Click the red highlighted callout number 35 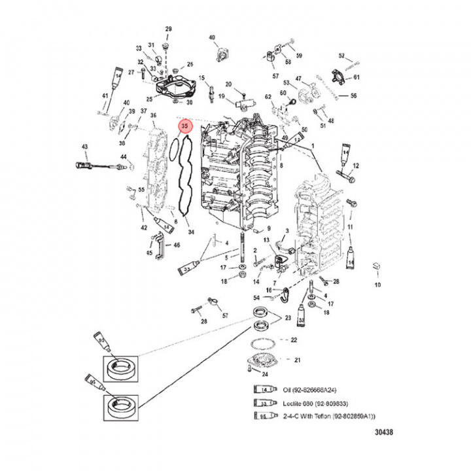(184, 126)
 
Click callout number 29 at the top (167, 29)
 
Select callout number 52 (341, 56)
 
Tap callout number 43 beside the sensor (84, 146)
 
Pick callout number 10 (376, 286)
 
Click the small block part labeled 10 (375, 266)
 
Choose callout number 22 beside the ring (294, 340)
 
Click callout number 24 (264, 375)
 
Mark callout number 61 (357, 78)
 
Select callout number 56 (353, 96)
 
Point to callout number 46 (177, 245)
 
